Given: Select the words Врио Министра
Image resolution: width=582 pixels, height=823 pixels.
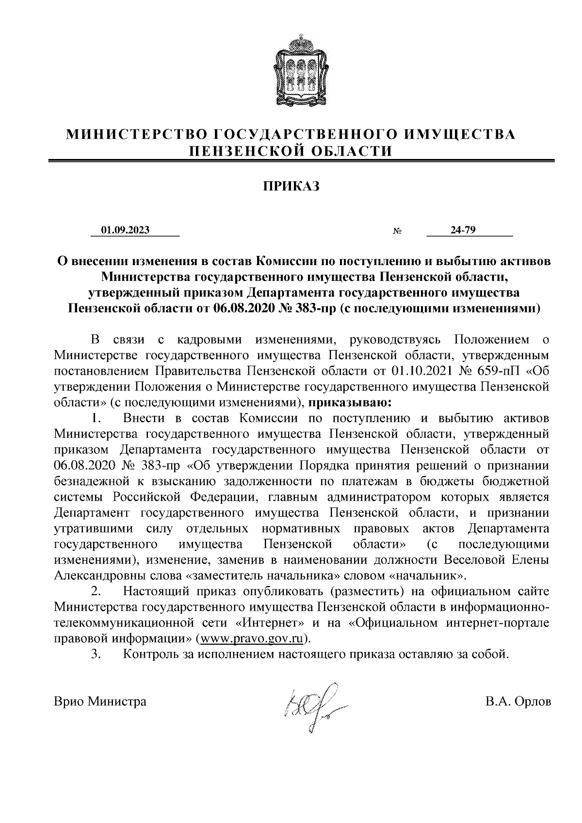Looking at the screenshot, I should tap(100, 701).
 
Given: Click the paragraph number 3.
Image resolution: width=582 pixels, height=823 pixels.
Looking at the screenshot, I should tap(96, 654).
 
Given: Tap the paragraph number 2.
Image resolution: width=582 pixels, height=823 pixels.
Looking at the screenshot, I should tap(96, 591).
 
